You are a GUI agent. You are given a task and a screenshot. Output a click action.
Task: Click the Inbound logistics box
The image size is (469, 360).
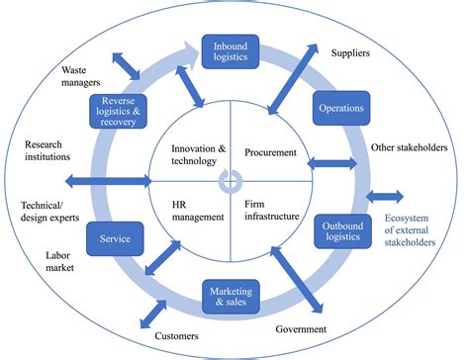230,49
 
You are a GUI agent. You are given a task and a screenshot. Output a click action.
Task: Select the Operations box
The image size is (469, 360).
341,108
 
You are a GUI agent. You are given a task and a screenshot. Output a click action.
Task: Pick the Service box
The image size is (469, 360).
116,237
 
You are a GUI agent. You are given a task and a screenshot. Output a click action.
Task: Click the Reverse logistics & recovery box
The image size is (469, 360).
117,112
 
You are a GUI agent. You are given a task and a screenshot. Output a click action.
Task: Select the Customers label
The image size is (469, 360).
179,337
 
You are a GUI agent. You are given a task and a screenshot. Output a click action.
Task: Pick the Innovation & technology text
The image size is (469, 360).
193,154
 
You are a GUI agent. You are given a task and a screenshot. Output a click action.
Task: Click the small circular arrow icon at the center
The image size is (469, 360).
230,180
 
